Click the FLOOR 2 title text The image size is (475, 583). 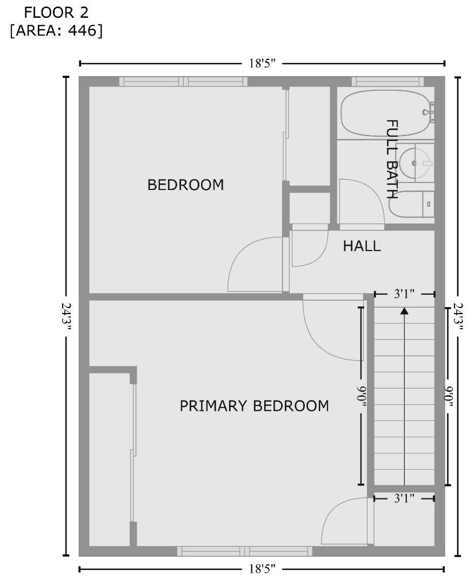(x=56, y=11)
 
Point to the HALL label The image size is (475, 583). (x=362, y=246)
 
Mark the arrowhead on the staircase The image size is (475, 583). (x=404, y=310)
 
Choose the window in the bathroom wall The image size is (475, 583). (x=387, y=82)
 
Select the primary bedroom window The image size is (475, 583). (x=245, y=551)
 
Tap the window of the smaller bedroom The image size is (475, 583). (x=183, y=82)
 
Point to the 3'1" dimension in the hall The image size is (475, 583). (x=404, y=294)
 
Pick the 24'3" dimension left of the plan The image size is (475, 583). (x=66, y=316)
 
